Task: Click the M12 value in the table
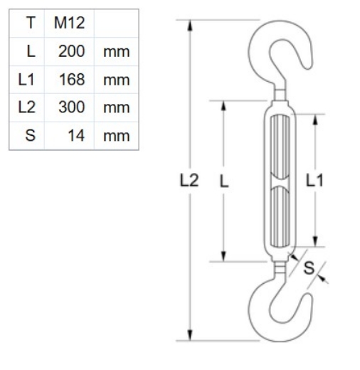[69, 23]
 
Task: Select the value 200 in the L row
[73, 51]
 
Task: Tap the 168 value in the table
[73, 79]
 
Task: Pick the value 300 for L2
[73, 107]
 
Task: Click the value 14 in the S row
[76, 134]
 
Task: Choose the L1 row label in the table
[27, 79]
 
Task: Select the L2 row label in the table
[27, 107]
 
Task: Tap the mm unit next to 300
[116, 107]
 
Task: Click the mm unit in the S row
[116, 134]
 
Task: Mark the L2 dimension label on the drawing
[188, 181]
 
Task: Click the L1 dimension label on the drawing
[316, 181]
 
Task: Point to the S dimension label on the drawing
[309, 268]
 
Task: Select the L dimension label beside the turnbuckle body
[224, 181]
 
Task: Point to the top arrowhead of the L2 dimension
[191, 23]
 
